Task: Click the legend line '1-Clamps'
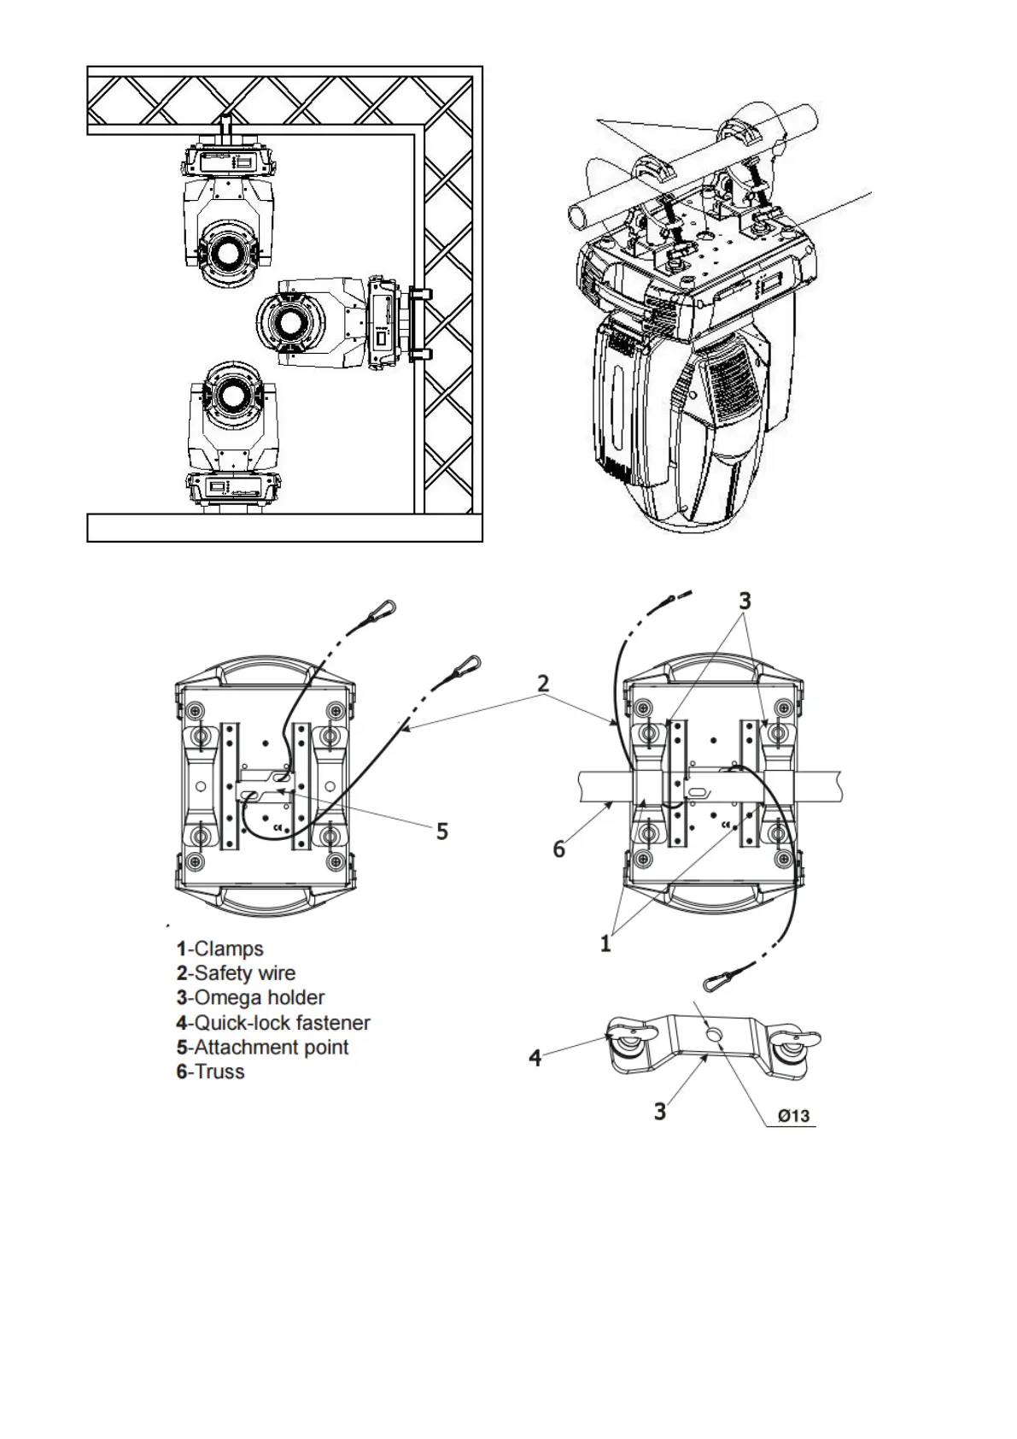[x=219, y=949]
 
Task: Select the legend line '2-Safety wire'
[x=236, y=972]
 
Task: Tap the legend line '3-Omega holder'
[x=250, y=997]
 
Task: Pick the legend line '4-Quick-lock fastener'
[x=273, y=1022]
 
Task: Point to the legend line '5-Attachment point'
[x=262, y=1047]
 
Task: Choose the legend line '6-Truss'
[x=210, y=1072]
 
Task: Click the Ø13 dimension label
[x=793, y=1116]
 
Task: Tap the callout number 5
[x=442, y=831]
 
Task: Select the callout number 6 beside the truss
[x=559, y=849]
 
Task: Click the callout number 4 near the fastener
[x=535, y=1058]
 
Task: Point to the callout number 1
[x=605, y=943]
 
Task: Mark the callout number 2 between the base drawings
[x=543, y=684]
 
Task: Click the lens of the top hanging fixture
[x=227, y=253]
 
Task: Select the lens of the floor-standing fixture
[x=229, y=394]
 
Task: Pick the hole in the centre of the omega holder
[x=715, y=1036]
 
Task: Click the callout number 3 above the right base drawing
[x=745, y=601]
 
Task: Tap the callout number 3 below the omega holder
[x=660, y=1111]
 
